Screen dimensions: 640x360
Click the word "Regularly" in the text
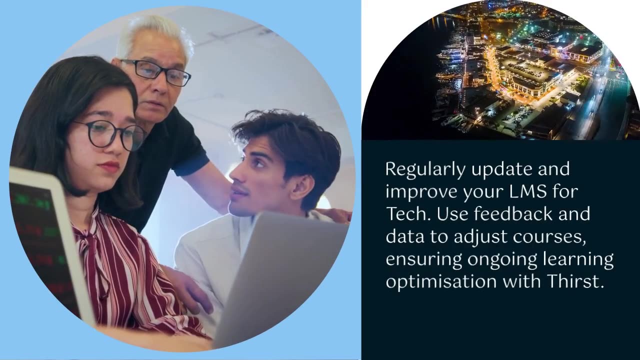tap(425, 169)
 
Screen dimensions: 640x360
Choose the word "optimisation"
tap(441, 282)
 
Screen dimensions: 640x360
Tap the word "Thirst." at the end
tap(576, 281)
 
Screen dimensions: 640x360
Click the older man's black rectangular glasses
tap(155, 71)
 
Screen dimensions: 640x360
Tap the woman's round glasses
tap(110, 135)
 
